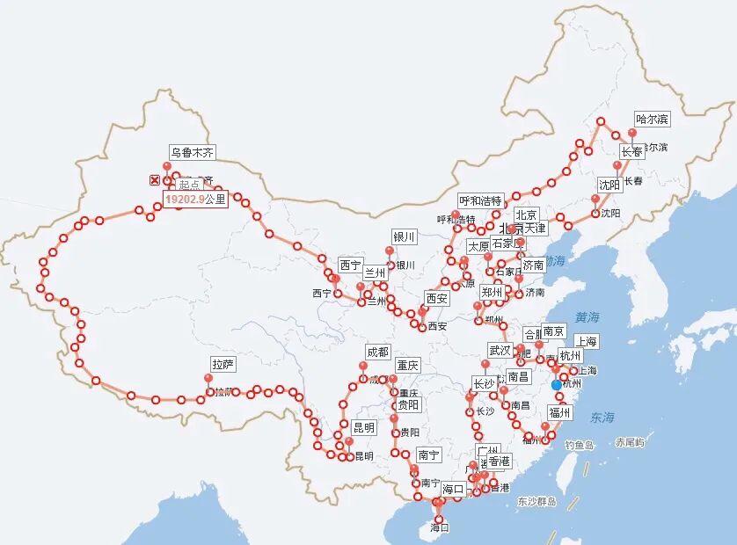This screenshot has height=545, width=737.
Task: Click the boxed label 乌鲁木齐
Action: point(192,152)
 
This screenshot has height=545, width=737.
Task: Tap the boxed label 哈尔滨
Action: point(652,119)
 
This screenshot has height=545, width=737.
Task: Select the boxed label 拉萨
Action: point(223,364)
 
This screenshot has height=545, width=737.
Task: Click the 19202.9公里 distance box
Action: point(195,200)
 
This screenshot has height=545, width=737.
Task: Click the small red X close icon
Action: point(155,180)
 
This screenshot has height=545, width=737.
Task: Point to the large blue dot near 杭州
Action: point(556,385)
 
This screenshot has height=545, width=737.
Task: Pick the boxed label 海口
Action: point(453,489)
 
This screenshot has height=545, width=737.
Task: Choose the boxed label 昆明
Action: point(363,427)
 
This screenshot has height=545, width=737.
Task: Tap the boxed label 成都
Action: point(376,352)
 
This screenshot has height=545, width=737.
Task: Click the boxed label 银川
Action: point(404,237)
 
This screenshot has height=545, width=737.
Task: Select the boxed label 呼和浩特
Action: point(480,200)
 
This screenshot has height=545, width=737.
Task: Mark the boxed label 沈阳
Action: point(609,185)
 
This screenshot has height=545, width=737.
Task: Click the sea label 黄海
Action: point(587,316)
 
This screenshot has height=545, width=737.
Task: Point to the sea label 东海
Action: point(603,417)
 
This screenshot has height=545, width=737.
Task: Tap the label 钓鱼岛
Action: point(580,446)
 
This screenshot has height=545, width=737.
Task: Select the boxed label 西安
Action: point(436,299)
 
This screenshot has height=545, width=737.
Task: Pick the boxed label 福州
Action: point(558,411)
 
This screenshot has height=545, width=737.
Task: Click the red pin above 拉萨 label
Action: point(208,380)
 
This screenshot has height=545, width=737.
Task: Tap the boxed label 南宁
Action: point(428,454)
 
